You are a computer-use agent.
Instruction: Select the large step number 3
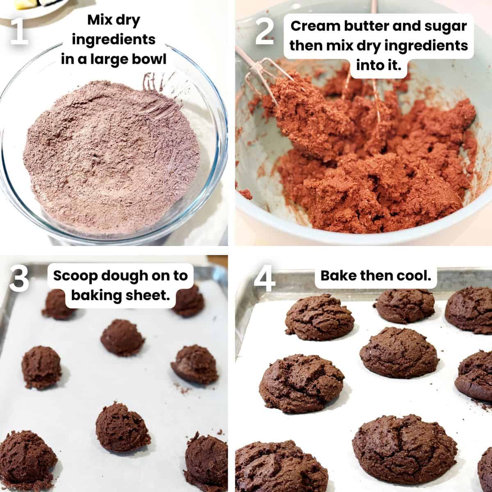point(19,278)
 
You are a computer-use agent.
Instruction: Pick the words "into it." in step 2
point(379,65)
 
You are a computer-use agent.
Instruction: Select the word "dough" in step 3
point(124,276)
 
